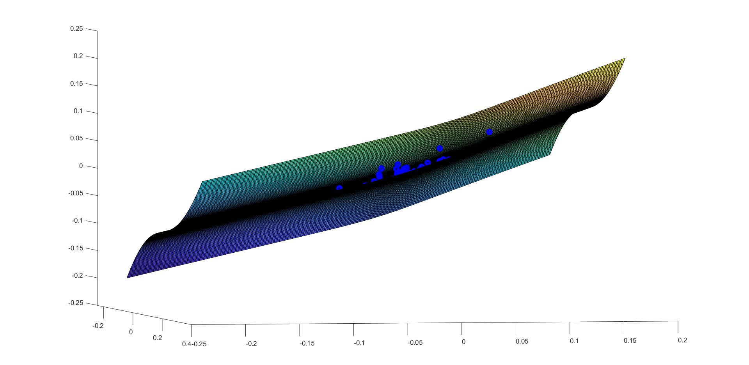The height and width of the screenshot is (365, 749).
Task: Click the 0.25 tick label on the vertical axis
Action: (x=76, y=29)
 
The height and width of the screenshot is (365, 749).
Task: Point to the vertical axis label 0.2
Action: (x=78, y=56)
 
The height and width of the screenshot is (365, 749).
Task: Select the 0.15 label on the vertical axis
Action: (x=76, y=84)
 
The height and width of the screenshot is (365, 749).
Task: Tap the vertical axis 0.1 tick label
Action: (x=78, y=111)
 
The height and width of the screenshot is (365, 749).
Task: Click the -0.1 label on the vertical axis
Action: (x=77, y=221)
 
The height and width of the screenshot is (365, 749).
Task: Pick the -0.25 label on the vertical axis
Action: (x=76, y=303)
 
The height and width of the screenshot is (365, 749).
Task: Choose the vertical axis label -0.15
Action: (x=76, y=248)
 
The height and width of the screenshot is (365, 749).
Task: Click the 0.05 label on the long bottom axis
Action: (x=522, y=342)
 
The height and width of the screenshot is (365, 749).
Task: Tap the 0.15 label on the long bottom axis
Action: (x=630, y=341)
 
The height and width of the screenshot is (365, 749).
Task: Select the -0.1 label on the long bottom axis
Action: (x=359, y=343)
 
